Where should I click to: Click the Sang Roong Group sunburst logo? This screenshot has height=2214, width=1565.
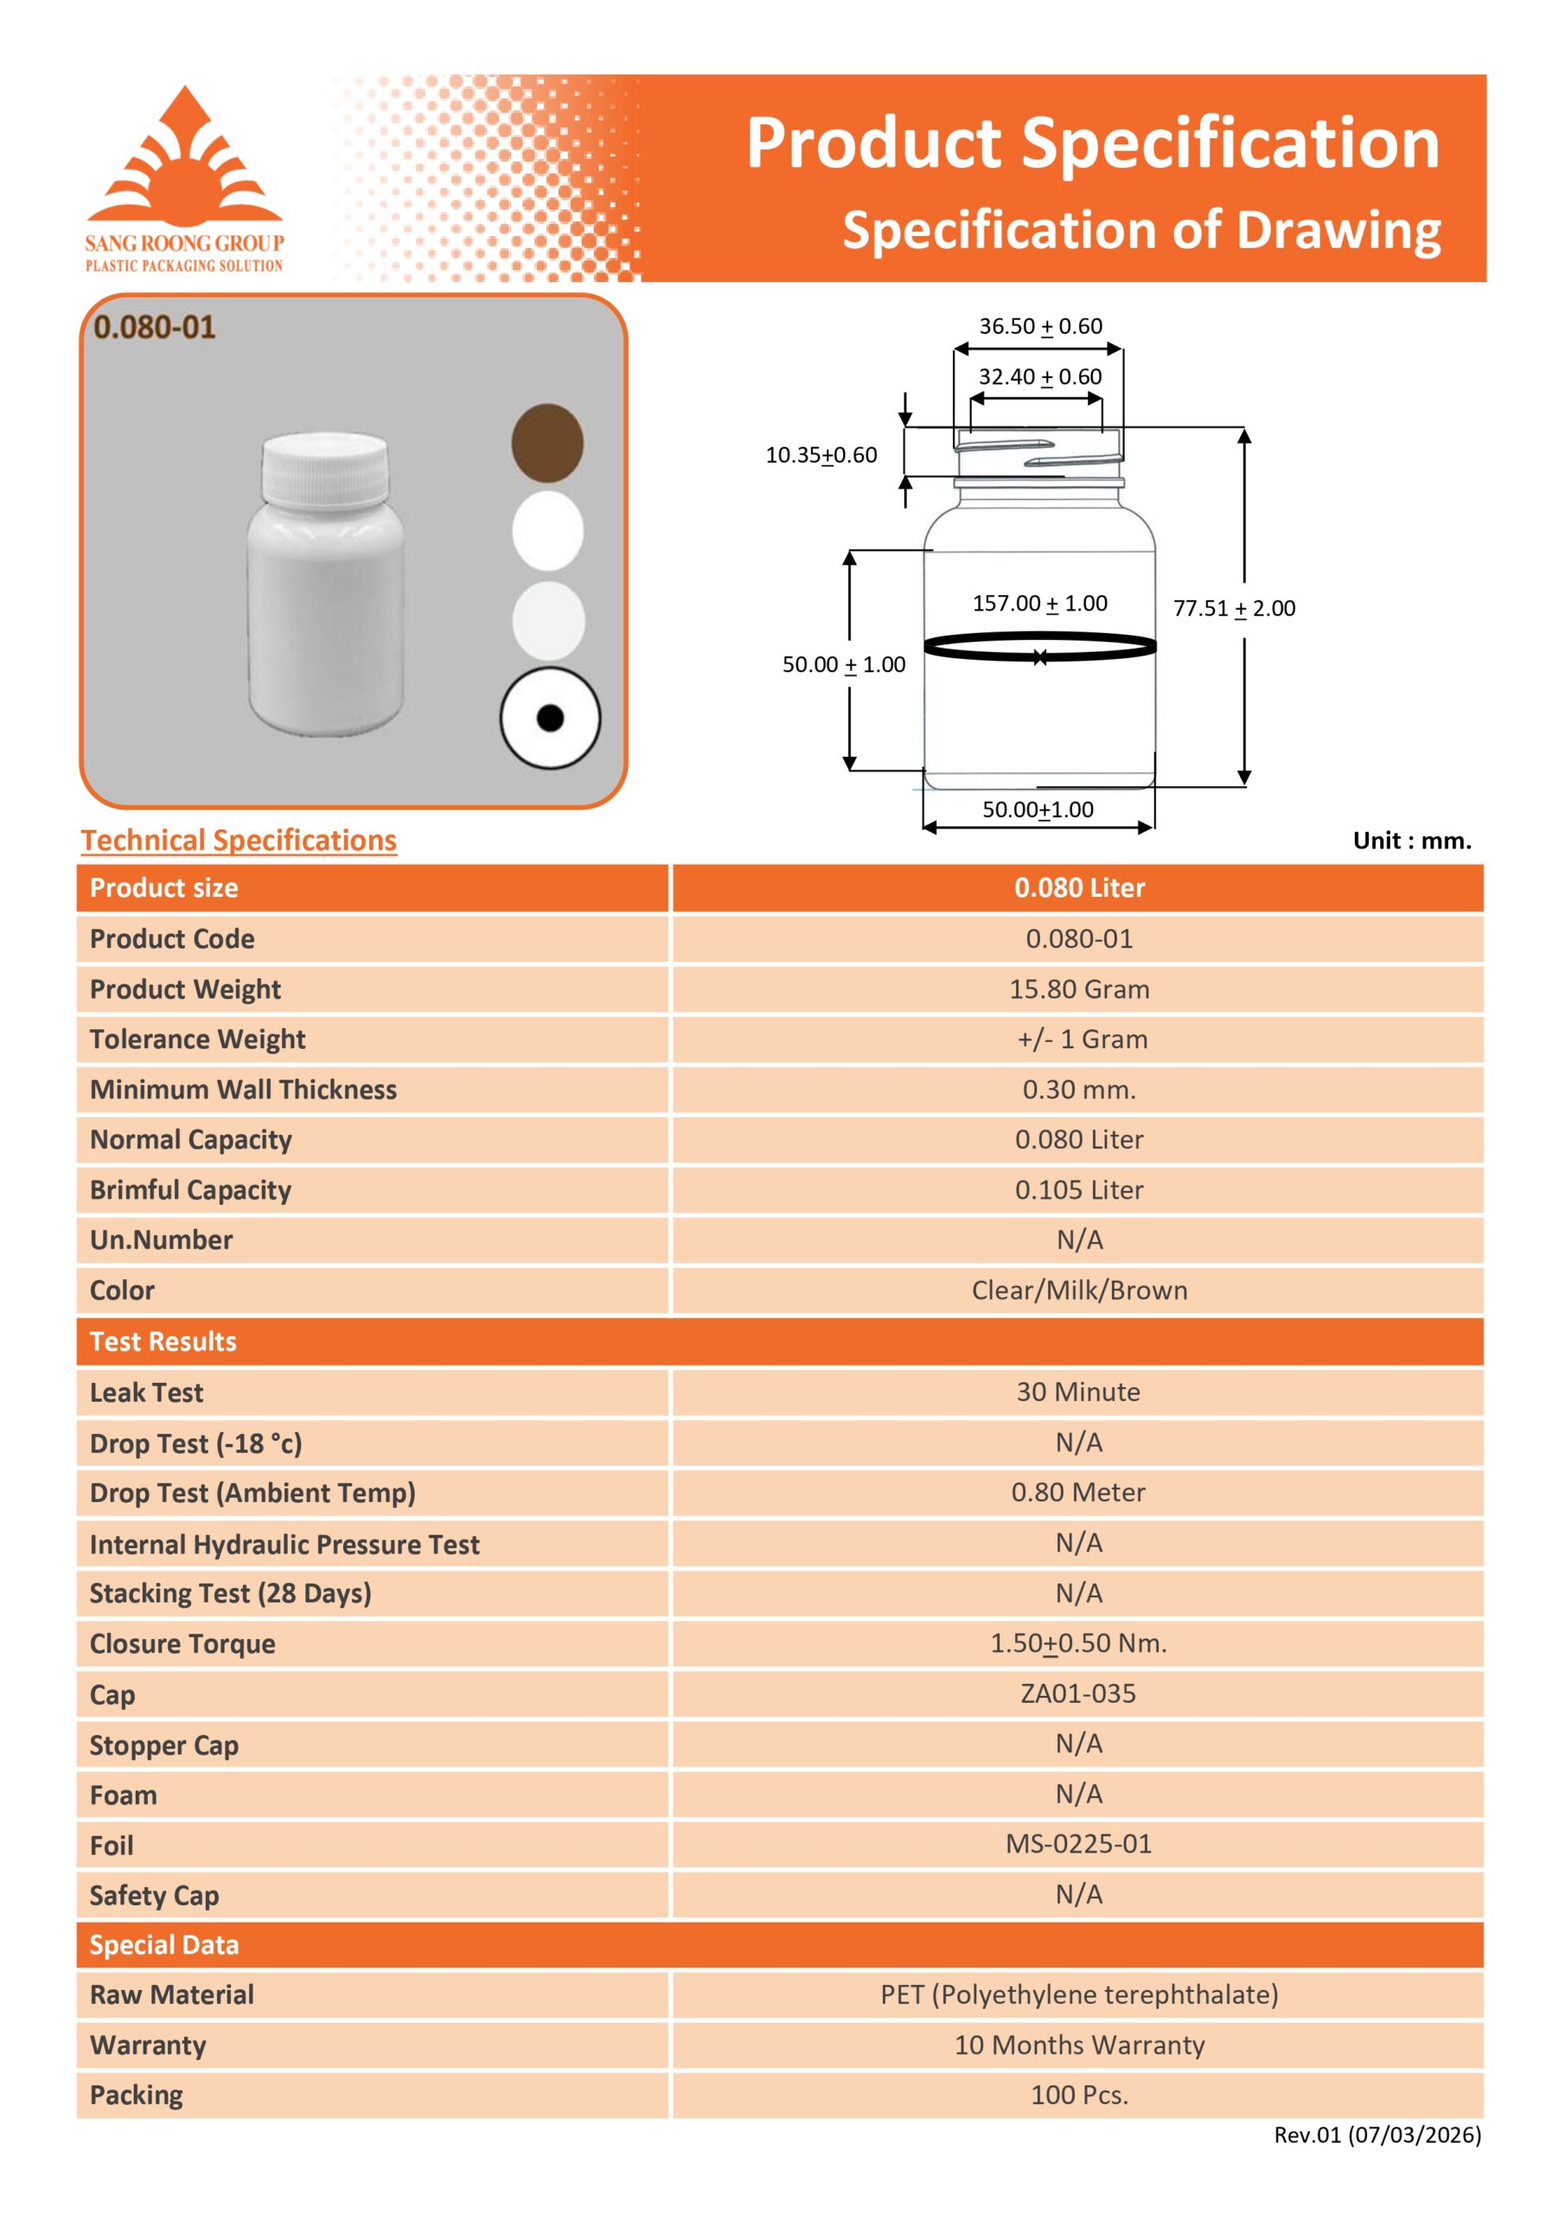coord(185,157)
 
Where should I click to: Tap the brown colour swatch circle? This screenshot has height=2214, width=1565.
coord(546,443)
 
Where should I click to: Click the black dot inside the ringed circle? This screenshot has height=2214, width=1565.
coord(550,718)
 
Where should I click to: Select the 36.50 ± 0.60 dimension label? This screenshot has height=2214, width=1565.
coord(1040,326)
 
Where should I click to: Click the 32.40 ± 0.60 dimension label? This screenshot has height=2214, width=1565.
coord(1039,376)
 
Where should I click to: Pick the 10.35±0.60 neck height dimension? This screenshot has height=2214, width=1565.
coord(821,455)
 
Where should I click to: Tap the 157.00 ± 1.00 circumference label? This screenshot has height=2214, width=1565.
coord(1039,604)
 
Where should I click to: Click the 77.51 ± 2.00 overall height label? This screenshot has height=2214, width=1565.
coord(1233,609)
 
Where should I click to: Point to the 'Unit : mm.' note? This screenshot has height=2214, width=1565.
coord(1412,841)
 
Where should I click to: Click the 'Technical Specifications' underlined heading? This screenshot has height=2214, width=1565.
coord(238,841)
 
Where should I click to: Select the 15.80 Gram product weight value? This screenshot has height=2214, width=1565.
coord(1078,989)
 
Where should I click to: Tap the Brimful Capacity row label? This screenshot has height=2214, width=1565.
coord(190,1190)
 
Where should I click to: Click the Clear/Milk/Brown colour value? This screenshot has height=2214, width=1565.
coord(1078,1290)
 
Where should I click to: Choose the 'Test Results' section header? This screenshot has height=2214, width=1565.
coord(163,1341)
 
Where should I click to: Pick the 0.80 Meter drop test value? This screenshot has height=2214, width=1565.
coord(1078,1493)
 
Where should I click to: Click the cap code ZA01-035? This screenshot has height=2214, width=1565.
coord(1078,1693)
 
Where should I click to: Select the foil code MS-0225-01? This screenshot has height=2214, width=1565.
coord(1078,1844)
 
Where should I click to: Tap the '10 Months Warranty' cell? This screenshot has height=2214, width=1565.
coord(1078,2044)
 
